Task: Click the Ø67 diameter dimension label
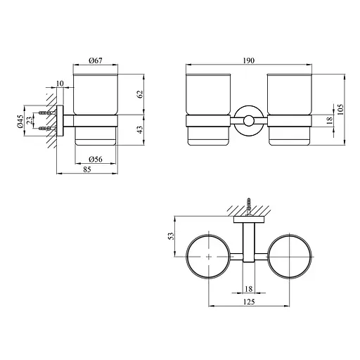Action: pyautogui.click(x=96, y=60)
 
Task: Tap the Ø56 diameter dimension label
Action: pyautogui.click(x=96, y=160)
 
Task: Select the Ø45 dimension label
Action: pyautogui.click(x=20, y=121)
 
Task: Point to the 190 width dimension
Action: pyautogui.click(x=249, y=60)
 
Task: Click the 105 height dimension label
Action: pyautogui.click(x=340, y=110)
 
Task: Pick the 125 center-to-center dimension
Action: pyautogui.click(x=249, y=302)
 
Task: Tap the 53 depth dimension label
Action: pyautogui.click(x=172, y=236)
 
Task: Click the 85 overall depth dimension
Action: pyautogui.click(x=87, y=169)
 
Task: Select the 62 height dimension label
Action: pyautogui.click(x=140, y=94)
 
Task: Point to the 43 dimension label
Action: pyautogui.click(x=140, y=129)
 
